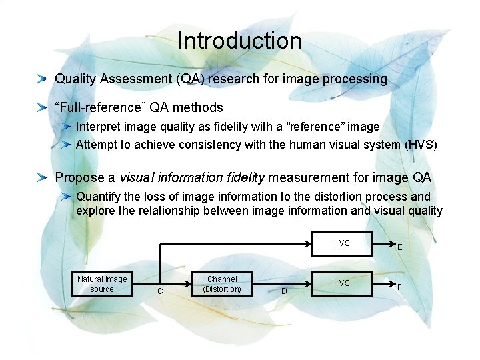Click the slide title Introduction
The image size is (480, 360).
[239, 41]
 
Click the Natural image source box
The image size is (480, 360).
[102, 284]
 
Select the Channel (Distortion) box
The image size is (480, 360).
[222, 284]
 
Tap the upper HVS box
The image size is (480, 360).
[342, 244]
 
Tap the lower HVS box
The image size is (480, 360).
[342, 283]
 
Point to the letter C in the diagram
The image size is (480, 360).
[160, 291]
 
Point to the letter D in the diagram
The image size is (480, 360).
[284, 291]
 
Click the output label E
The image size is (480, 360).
[399, 247]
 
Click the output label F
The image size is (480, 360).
[399, 287]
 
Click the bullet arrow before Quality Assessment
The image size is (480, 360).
[42, 79]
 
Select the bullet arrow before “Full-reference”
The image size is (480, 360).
[42, 107]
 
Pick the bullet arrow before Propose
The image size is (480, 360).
[42, 178]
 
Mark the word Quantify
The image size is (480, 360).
[99, 197]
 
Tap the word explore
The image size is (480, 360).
[97, 211]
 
